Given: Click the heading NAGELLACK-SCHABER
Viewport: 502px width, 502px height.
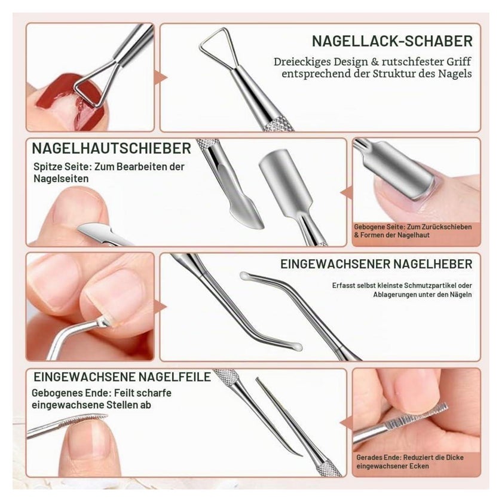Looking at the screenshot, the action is click(x=392, y=41).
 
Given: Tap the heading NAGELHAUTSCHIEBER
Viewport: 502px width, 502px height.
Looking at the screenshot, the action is click(x=111, y=148).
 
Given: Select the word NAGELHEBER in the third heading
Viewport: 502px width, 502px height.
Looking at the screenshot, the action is click(x=433, y=264).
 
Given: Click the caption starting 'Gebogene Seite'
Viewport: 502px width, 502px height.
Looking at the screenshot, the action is click(x=413, y=231).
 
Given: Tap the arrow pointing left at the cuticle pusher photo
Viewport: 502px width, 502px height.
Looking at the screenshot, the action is click(x=346, y=194).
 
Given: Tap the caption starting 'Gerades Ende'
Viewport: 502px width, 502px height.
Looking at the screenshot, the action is click(x=410, y=461).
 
